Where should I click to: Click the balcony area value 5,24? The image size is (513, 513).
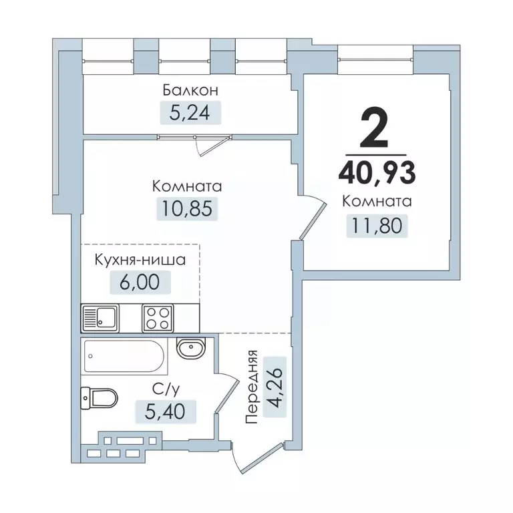tap(190, 113)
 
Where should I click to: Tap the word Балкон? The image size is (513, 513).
tap(190, 90)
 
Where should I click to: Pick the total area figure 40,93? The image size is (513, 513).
tap(377, 172)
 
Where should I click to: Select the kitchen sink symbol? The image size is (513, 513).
tap(100, 317)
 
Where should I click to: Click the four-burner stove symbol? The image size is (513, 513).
tap(158, 317)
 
